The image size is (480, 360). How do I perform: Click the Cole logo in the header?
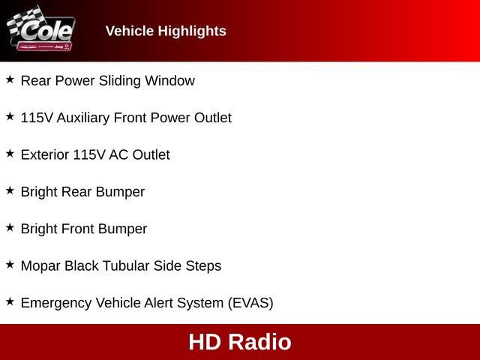tap(41, 30)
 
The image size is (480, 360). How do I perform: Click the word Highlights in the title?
tap(193, 31)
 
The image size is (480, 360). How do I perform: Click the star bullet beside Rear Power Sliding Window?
tap(10, 79)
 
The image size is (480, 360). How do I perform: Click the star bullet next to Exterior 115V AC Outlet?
tap(10, 153)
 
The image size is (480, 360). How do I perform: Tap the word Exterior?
tap(44, 155)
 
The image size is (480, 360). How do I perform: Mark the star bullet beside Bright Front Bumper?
tap(10, 227)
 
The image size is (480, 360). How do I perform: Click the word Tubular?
tap(124, 265)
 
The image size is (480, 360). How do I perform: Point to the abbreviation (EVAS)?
tap(250, 303)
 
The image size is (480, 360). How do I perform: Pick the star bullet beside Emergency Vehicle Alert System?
tap(10, 301)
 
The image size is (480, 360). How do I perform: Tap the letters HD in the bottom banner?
tap(204, 342)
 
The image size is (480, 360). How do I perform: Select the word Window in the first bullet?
tap(172, 81)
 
